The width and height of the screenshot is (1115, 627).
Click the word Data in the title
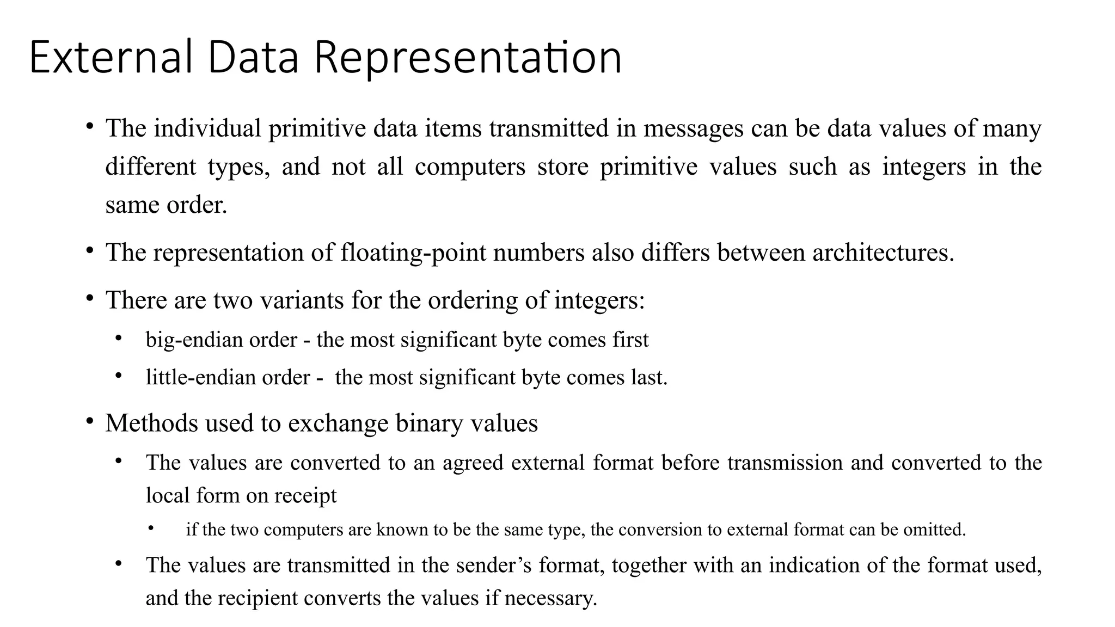(x=253, y=57)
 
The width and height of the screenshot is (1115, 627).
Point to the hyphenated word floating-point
(x=413, y=253)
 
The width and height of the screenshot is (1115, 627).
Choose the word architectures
(x=883, y=253)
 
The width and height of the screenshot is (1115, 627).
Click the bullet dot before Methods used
(x=90, y=422)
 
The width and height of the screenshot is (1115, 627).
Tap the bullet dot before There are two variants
(x=90, y=299)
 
